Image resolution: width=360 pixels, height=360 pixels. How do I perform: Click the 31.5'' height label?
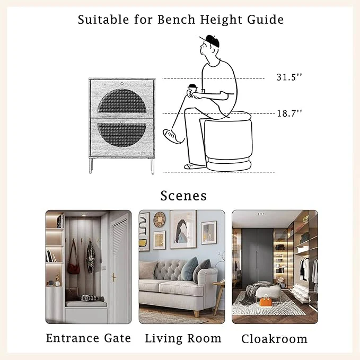[289, 77]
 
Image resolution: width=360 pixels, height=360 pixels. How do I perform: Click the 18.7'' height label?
[289, 113]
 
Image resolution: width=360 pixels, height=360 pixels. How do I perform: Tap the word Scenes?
[183, 196]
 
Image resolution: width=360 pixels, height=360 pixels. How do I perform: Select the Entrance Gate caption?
[89, 338]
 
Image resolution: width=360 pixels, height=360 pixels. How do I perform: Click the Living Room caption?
[183, 338]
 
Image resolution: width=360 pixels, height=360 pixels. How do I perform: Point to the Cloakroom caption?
[274, 339]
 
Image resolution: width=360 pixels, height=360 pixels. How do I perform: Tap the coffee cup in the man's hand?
[192, 90]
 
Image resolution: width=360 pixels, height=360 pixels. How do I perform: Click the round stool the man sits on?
[229, 141]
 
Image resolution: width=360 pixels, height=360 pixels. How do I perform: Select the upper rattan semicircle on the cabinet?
[122, 101]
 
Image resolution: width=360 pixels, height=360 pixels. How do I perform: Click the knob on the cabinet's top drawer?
[122, 84]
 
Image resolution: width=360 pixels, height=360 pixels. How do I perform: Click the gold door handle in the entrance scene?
[113, 277]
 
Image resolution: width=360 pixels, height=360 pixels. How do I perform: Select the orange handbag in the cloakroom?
[266, 301]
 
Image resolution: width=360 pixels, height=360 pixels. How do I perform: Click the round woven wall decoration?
[159, 219]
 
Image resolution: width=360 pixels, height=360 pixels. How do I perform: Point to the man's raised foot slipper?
[171, 136]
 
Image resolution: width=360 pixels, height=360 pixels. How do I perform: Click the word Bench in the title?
[177, 20]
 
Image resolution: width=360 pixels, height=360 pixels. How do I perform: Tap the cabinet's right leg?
[153, 165]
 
